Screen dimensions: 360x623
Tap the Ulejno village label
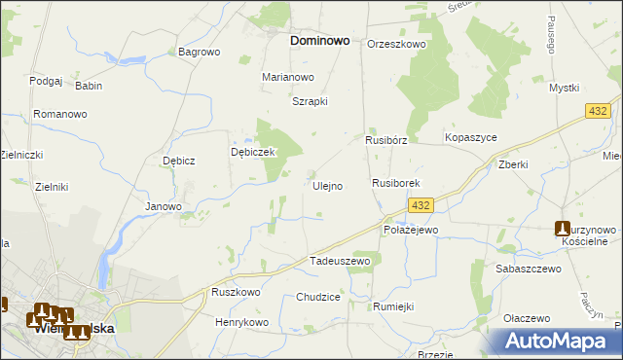pos(327,186)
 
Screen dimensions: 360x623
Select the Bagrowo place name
pos(200,52)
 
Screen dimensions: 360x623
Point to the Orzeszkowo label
pos(397,45)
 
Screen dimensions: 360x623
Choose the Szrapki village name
pos(311,101)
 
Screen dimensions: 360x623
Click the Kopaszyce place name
pos(471,138)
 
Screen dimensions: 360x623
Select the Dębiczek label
pos(254,153)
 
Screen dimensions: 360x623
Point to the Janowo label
pos(164,206)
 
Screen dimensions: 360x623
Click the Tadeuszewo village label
pos(340,262)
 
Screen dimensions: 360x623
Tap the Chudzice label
pos(318,297)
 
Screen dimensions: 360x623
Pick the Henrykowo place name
pos(241,322)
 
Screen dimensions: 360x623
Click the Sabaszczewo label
pos(529,268)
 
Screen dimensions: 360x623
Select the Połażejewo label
pos(412,230)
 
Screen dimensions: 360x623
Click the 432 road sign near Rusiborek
pos(421,205)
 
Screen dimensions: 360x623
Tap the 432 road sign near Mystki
pos(599,113)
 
